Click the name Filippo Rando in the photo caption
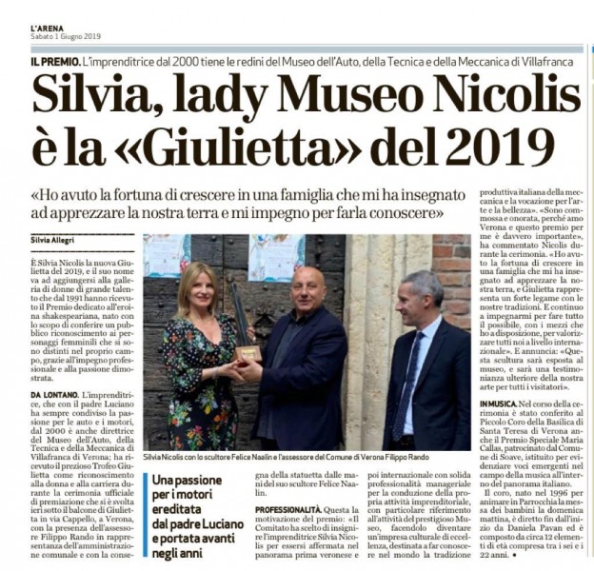point(396,459)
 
